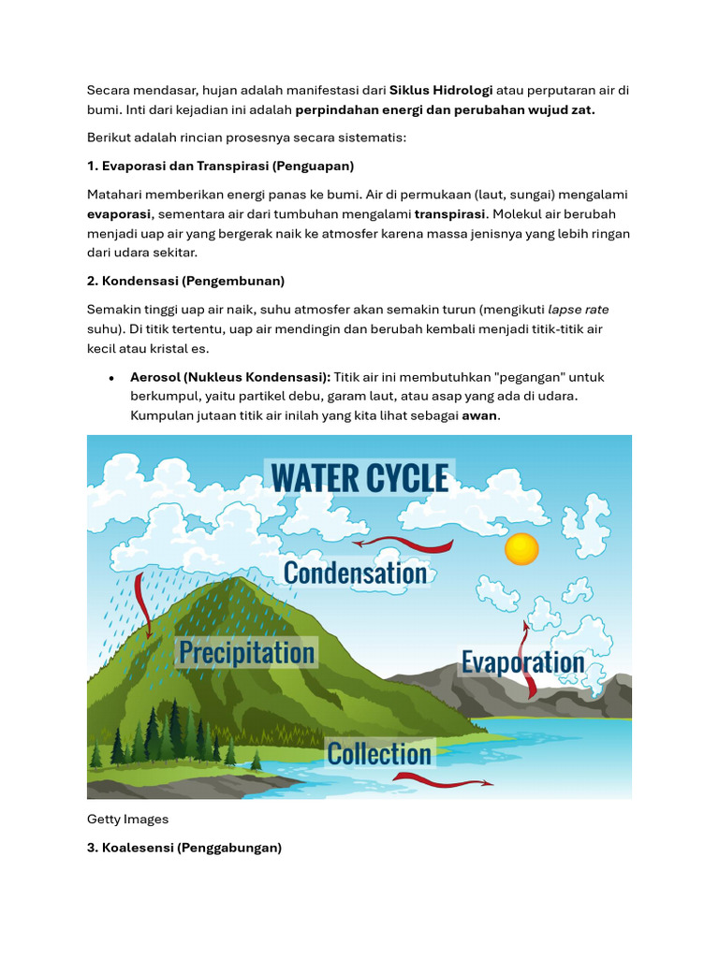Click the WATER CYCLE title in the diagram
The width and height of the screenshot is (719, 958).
359,478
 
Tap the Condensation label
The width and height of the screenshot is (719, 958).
355,573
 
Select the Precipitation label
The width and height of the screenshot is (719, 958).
246,652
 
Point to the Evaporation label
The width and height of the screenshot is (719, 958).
522,662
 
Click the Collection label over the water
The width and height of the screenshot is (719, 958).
379,753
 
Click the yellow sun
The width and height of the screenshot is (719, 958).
521,548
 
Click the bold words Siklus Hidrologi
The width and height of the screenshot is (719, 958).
441,91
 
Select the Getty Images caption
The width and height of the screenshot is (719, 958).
127,819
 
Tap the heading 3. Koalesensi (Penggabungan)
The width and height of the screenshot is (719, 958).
184,848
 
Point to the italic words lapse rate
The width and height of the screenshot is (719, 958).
578,309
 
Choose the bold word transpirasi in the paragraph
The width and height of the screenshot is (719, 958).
449,214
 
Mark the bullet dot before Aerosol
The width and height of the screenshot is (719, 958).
112,378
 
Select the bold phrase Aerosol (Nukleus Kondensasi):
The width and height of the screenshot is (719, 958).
229,377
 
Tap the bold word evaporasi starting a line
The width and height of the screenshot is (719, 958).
119,214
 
